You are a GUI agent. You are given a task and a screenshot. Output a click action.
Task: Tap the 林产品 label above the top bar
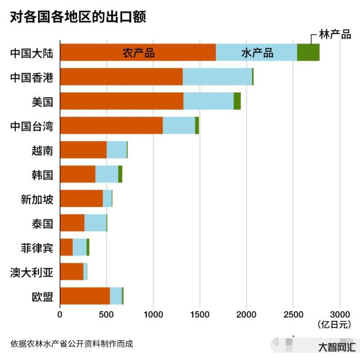(334, 35)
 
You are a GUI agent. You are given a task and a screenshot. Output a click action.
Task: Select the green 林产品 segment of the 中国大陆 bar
(308, 52)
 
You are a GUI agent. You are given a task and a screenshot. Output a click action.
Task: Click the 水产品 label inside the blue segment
(257, 53)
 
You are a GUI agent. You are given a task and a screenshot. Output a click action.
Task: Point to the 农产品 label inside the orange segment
(139, 53)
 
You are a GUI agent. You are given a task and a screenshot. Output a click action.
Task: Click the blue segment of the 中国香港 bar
(217, 77)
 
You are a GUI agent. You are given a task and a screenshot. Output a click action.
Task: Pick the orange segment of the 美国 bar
(121, 101)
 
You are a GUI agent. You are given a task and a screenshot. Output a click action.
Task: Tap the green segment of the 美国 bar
(237, 101)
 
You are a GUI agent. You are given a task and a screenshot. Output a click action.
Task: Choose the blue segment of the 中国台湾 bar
(179, 125)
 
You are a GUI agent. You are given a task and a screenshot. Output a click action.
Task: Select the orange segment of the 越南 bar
(83, 150)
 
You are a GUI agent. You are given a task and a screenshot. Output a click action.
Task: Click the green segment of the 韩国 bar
(120, 174)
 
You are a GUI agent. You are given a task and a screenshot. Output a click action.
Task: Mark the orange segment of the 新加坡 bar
(81, 198)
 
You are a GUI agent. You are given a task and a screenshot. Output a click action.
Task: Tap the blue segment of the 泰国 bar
(95, 223)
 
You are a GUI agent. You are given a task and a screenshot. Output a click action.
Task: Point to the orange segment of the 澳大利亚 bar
(72, 271)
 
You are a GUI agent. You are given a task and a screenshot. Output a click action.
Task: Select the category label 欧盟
(42, 296)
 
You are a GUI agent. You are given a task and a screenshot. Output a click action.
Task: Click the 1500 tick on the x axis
(200, 314)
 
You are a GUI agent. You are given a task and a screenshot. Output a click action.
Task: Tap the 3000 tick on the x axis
(340, 314)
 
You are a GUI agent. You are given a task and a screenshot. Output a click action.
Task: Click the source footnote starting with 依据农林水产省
(72, 343)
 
